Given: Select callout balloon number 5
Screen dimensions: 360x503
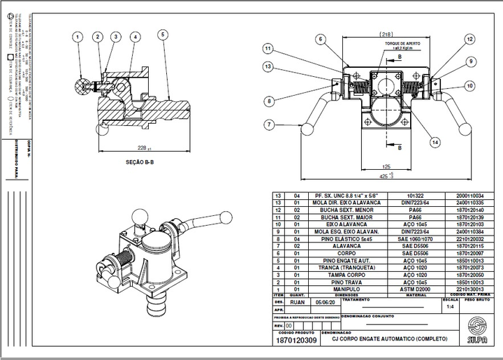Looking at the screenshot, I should (162, 34).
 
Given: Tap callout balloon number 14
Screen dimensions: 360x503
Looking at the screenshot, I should (435, 142).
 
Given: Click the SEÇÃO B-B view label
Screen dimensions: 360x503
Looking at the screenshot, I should (140, 161).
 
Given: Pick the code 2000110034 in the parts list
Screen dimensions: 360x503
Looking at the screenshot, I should (469, 196).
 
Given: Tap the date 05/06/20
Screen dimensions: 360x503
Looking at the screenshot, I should (326, 303).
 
